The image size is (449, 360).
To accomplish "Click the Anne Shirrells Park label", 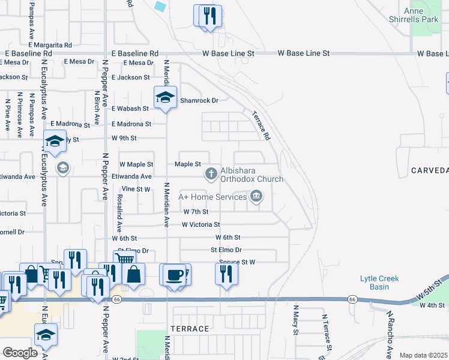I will coord(421,15).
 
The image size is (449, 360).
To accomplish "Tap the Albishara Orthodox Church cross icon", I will coord(211,174).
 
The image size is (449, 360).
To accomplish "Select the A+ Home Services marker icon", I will coord(256,196).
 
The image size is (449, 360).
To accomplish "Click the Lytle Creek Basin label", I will coord(379,283).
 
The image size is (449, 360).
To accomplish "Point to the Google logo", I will coord(20,352).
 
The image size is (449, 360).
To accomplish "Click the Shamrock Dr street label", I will coord(199,101).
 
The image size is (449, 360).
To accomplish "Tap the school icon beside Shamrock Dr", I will coord(164,98).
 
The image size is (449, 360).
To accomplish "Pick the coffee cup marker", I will coord(174,274).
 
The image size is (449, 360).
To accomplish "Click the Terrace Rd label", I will coord(260,125).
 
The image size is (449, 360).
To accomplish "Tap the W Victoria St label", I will coord(200,224).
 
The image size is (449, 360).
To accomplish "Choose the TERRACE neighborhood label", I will coord(190,329).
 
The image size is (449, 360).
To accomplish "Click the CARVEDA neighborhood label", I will coord(430,171).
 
